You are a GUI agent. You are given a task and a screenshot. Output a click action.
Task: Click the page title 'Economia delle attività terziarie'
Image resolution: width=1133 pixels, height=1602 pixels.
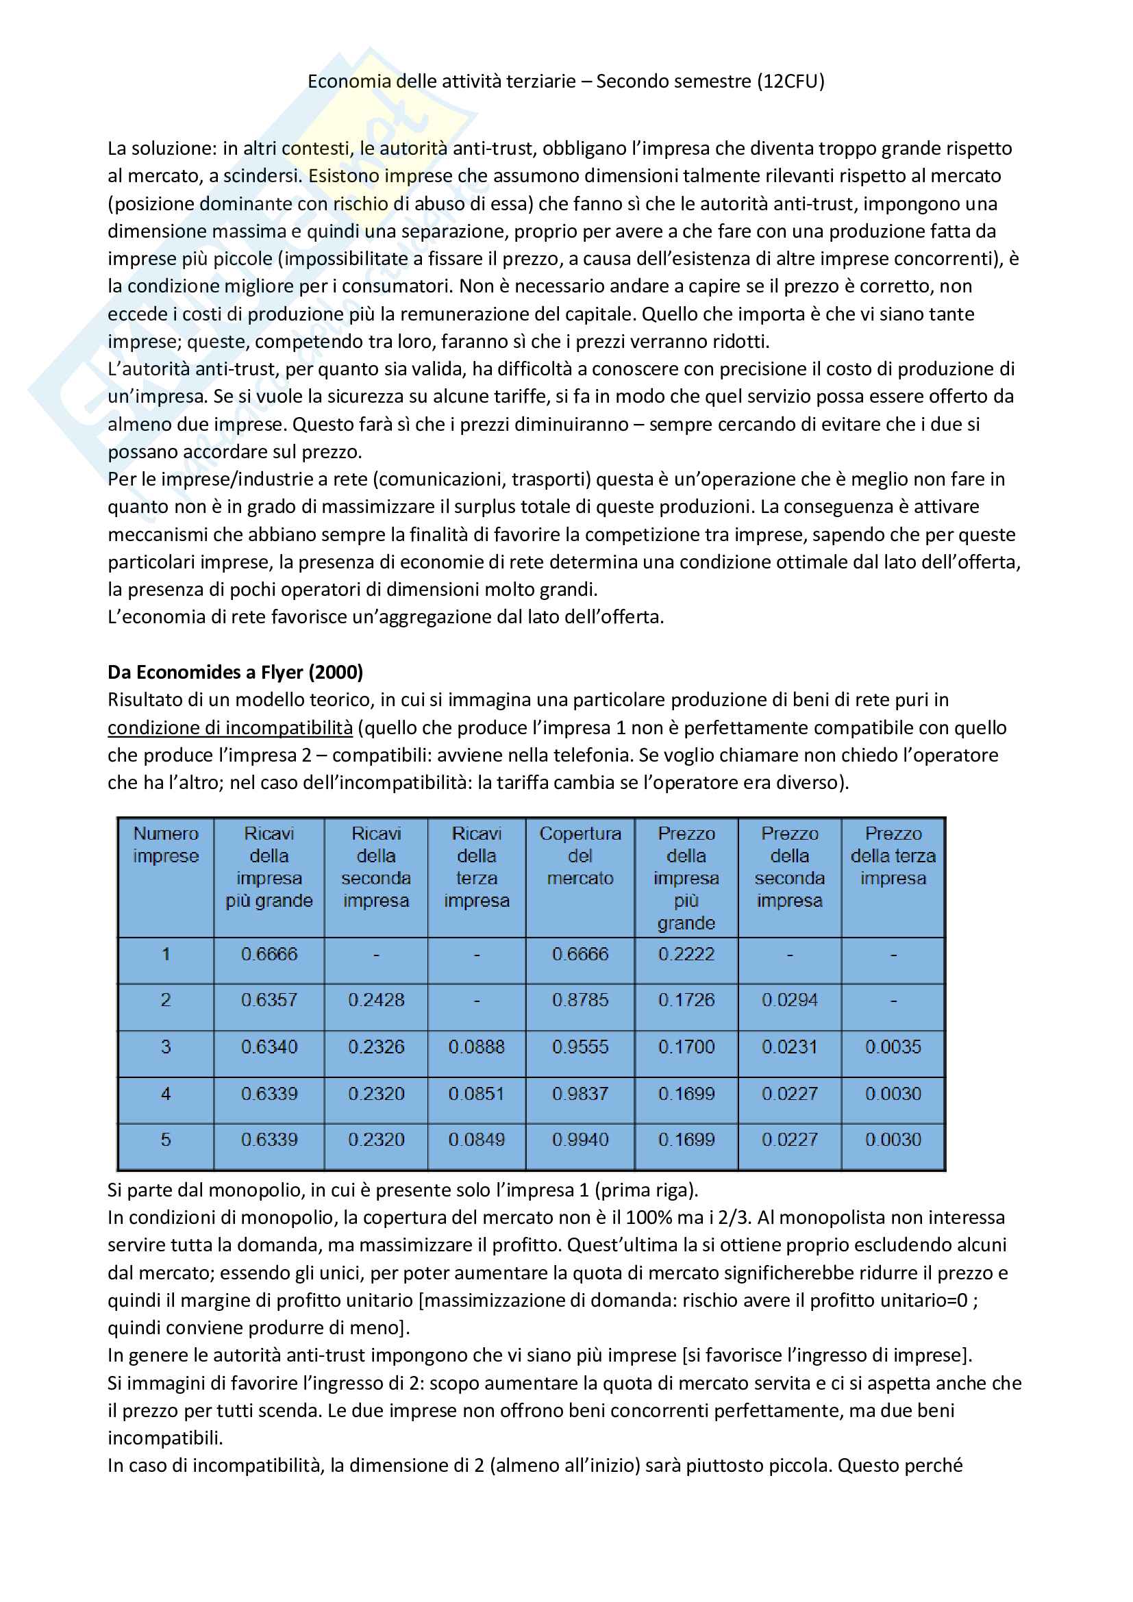pyautogui.click(x=442, y=82)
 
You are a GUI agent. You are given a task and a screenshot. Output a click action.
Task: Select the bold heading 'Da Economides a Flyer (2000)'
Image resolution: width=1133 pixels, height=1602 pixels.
pyautogui.click(x=235, y=672)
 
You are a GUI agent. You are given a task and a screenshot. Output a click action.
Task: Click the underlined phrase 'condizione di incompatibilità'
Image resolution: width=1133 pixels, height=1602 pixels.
pyautogui.click(x=230, y=728)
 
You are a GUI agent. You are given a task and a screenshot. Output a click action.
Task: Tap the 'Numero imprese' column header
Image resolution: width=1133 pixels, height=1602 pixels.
pyautogui.click(x=166, y=845)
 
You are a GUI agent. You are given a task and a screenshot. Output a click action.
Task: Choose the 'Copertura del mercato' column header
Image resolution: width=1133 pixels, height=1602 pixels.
pyautogui.click(x=580, y=856)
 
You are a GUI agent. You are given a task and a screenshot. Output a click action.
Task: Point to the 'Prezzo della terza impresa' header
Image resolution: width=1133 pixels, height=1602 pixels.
pyautogui.click(x=893, y=856)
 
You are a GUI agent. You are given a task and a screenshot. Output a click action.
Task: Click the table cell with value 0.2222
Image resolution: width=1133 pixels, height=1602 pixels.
pyautogui.click(x=686, y=954)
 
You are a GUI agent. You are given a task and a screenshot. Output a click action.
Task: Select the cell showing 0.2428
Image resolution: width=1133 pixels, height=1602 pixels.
pyautogui.click(x=376, y=1000)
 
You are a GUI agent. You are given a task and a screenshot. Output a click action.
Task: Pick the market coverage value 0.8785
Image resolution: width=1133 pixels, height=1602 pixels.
pyautogui.click(x=580, y=1000)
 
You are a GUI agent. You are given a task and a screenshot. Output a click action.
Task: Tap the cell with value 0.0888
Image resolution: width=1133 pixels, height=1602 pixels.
pyautogui.click(x=477, y=1047)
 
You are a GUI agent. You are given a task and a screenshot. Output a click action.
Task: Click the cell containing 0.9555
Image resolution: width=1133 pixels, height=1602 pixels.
pyautogui.click(x=580, y=1047)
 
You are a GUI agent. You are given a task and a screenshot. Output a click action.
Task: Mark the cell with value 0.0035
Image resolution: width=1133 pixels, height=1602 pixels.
pyautogui.click(x=893, y=1047)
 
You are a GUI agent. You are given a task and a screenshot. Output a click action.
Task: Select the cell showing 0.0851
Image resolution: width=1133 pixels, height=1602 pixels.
pyautogui.click(x=477, y=1093)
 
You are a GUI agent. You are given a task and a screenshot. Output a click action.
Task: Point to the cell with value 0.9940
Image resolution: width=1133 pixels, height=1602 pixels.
pyautogui.click(x=580, y=1140)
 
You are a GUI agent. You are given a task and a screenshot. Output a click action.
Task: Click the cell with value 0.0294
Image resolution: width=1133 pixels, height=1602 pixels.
pyautogui.click(x=790, y=1000)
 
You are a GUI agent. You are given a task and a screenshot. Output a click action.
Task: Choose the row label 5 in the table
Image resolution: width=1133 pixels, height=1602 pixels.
pyautogui.click(x=166, y=1140)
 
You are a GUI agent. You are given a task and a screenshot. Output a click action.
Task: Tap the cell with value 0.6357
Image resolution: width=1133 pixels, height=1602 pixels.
pyautogui.click(x=269, y=1000)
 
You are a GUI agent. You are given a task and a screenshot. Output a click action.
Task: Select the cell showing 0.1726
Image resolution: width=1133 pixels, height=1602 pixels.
pyautogui.click(x=686, y=1000)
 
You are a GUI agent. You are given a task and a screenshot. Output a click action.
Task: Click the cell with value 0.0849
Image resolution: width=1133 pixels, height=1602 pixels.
pyautogui.click(x=477, y=1140)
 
